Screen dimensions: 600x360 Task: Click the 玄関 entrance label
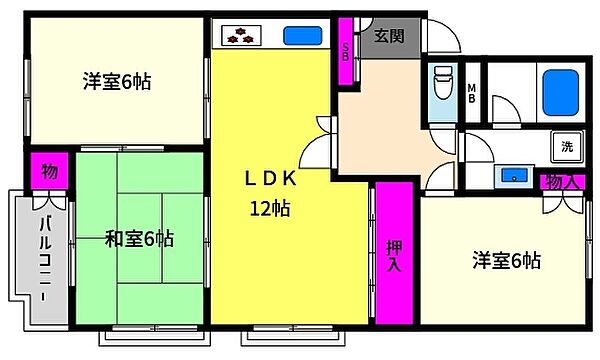tap(389, 36)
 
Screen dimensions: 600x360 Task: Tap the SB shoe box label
tap(346, 52)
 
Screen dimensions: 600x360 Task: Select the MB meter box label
tap(472, 94)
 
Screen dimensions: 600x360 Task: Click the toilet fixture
tap(443, 82)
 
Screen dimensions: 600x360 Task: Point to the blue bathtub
tap(561, 93)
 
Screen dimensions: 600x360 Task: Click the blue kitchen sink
tap(302, 36)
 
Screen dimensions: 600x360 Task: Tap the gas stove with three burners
tap(241, 36)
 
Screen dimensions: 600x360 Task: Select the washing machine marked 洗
tap(567, 146)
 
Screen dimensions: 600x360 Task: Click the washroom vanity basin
tap(514, 176)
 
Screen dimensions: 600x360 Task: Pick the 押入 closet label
tap(394, 256)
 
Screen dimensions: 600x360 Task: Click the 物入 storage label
tap(562, 182)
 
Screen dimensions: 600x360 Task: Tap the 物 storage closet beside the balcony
tap(50, 171)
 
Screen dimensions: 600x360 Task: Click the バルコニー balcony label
tap(46, 258)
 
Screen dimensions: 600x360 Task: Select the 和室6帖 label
tap(139, 239)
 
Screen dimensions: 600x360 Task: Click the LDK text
tap(270, 179)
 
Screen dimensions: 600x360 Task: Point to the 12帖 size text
tap(270, 209)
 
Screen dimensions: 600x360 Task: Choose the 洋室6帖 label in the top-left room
tap(117, 81)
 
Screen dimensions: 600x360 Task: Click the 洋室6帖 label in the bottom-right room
tap(507, 261)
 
